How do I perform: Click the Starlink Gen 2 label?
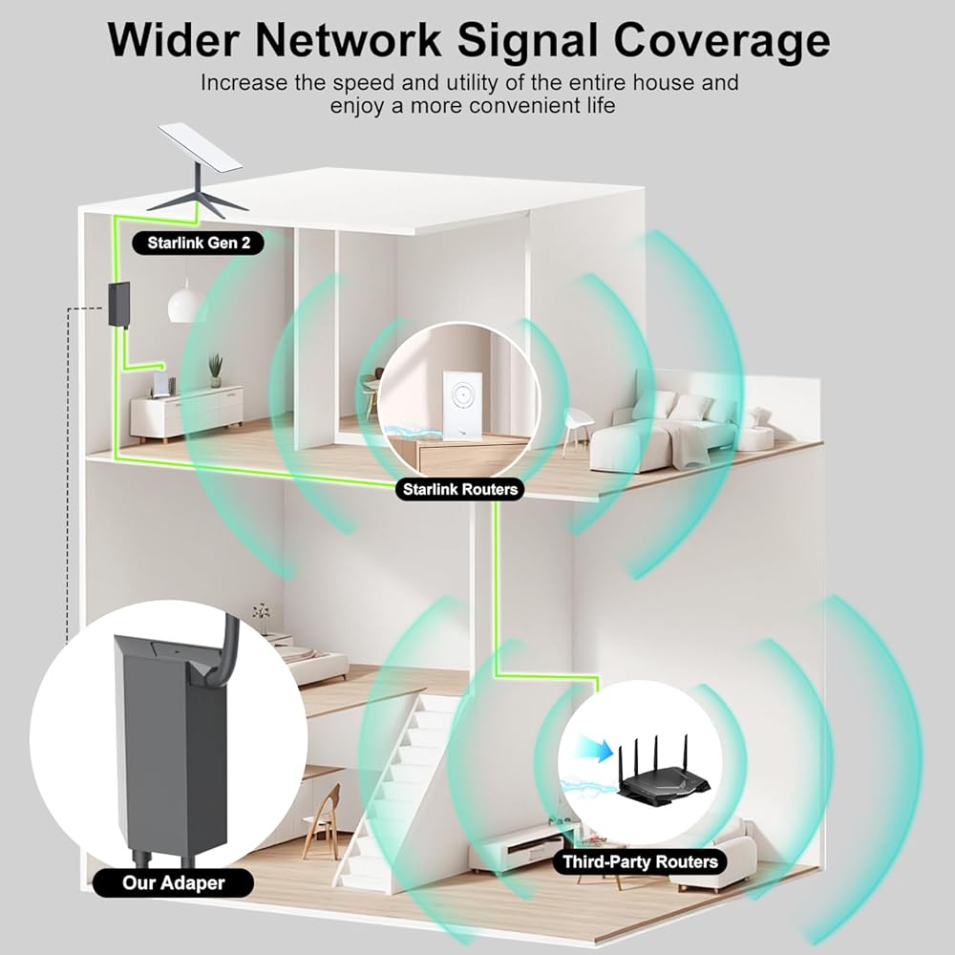point(199,243)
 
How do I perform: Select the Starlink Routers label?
point(460,489)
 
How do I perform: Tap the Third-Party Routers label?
point(640,861)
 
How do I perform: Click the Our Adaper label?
point(174,882)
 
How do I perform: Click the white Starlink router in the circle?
point(461,403)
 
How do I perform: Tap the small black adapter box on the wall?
point(118,304)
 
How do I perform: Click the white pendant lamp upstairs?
point(185,304)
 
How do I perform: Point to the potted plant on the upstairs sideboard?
point(216,371)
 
